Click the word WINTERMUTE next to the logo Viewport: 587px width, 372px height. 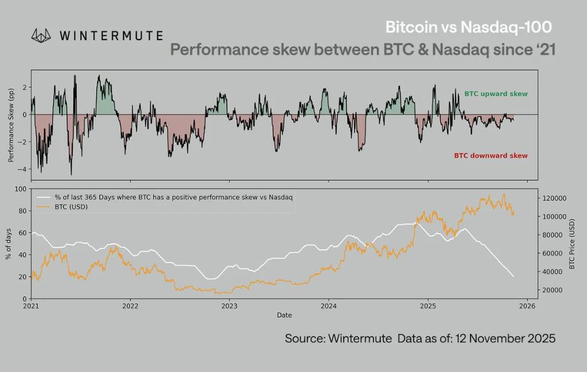[111, 36]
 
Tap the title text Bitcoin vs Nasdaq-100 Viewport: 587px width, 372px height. [469, 28]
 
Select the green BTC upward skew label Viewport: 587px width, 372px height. [495, 93]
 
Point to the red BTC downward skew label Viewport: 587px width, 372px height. [491, 155]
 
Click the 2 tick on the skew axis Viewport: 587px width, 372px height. [25, 87]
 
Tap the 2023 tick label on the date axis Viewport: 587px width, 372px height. [229, 307]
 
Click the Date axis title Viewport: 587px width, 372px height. [284, 315]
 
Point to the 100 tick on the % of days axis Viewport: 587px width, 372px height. [21, 189]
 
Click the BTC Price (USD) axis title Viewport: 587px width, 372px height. [572, 244]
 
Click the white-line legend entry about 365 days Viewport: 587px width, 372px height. [172, 197]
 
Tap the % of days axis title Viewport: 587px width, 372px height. [9, 244]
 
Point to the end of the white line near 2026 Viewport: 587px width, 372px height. [513, 277]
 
